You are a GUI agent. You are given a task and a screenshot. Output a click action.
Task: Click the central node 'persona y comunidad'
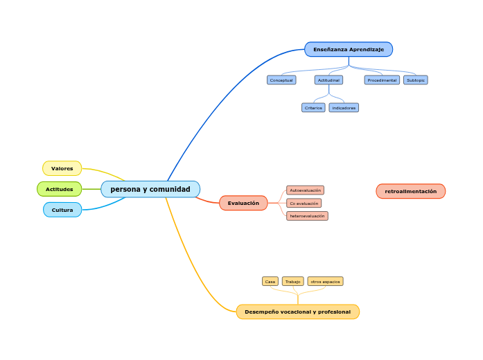click(x=150, y=189)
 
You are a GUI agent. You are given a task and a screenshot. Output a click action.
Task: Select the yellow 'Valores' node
click(x=62, y=168)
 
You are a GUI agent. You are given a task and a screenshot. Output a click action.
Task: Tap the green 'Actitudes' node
click(x=60, y=189)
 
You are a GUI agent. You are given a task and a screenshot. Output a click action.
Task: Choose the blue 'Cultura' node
click(x=62, y=209)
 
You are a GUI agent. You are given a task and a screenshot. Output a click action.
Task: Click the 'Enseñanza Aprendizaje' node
click(x=349, y=49)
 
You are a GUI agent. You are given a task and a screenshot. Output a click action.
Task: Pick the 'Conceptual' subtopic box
click(x=281, y=80)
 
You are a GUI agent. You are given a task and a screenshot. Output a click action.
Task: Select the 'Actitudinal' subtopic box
click(x=328, y=80)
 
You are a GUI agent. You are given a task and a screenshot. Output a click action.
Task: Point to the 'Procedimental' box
click(x=382, y=80)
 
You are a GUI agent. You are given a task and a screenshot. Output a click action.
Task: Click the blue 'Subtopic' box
click(x=416, y=80)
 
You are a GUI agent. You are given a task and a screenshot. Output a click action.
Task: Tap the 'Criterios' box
click(x=313, y=108)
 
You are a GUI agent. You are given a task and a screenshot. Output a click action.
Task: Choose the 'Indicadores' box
click(x=344, y=108)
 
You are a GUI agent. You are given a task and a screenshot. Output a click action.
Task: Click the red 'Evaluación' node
click(x=243, y=203)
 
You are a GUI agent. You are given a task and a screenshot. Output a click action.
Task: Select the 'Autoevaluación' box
click(x=305, y=190)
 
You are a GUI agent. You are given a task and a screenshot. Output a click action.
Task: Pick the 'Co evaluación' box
click(x=304, y=204)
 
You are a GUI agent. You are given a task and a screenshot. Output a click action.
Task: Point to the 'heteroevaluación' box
click(x=307, y=216)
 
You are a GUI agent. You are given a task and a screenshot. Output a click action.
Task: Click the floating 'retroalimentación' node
click(x=411, y=191)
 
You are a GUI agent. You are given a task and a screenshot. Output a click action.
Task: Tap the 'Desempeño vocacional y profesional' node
click(x=298, y=312)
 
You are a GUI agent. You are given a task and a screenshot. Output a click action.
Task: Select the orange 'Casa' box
click(x=270, y=282)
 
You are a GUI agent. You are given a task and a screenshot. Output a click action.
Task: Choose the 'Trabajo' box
click(x=293, y=282)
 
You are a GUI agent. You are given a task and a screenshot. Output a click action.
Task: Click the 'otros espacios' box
click(x=325, y=282)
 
